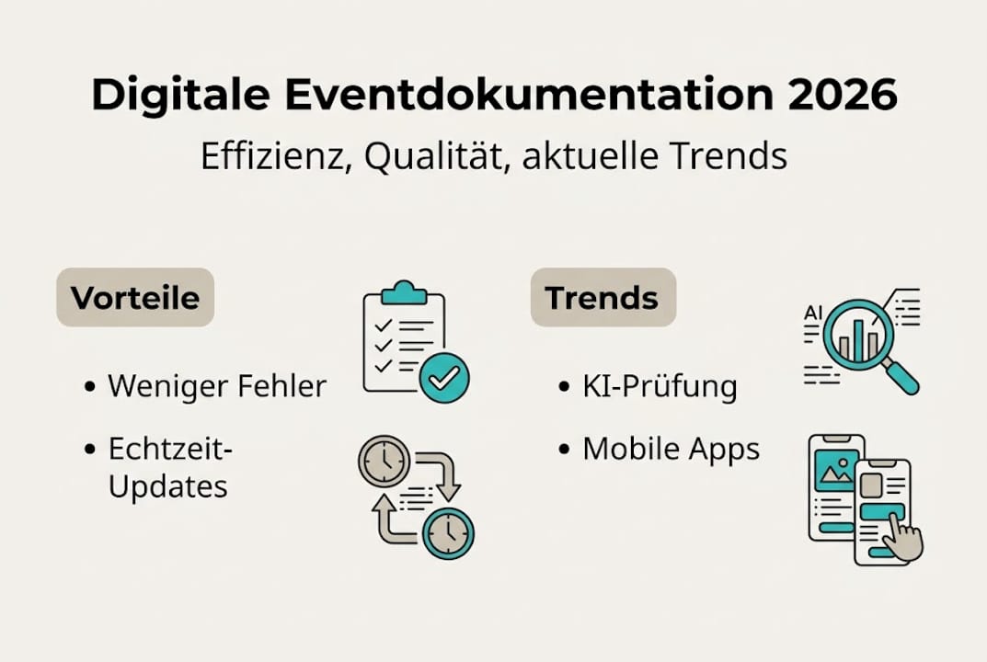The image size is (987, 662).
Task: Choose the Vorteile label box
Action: click(135, 298)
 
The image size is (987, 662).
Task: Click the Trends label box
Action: click(603, 298)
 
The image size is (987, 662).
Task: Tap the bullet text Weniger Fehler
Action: click(217, 386)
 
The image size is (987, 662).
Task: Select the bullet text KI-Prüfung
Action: click(660, 386)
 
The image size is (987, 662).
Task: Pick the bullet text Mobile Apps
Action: click(671, 449)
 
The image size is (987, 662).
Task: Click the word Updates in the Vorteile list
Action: click(167, 486)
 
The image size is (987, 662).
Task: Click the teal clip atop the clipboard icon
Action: click(403, 291)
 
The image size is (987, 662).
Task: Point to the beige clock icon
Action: click(384, 461)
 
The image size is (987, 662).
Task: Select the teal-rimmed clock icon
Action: click(448, 532)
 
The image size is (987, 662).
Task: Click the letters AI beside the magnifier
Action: click(813, 313)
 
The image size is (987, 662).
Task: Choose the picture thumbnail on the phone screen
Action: click(836, 472)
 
